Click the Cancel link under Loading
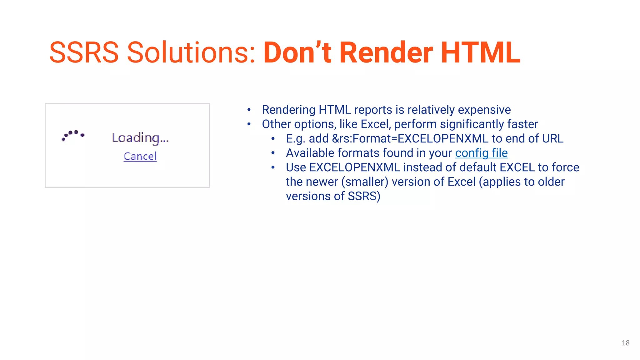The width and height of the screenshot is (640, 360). pos(140,156)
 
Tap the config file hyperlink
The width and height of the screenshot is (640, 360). pos(481,153)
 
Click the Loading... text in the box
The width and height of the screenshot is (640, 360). pos(140,138)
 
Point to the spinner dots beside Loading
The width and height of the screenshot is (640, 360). pos(73,136)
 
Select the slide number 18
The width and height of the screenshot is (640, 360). pos(625,343)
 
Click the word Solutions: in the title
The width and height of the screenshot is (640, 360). pos(191,52)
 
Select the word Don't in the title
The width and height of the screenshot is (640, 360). pos(297,52)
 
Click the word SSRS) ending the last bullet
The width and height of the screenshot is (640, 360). pos(364,196)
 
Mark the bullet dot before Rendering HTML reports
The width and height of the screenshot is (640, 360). pos(249,110)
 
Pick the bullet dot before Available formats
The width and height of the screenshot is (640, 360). pos(273,153)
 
